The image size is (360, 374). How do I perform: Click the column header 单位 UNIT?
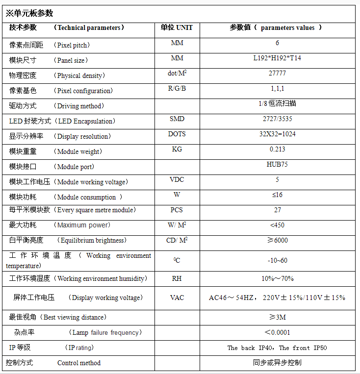[x=177, y=27]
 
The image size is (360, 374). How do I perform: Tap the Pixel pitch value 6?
[x=277, y=43]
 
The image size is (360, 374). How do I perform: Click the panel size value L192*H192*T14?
[x=277, y=58]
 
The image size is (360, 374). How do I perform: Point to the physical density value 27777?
[x=277, y=74]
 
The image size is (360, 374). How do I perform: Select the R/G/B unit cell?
[x=177, y=89]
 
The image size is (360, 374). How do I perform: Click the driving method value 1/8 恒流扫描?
[x=277, y=104]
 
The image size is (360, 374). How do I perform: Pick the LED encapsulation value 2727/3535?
[x=277, y=119]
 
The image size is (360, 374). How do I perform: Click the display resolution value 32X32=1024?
[x=277, y=134]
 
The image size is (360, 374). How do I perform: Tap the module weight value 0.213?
[x=277, y=150]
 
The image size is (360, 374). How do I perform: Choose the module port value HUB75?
[x=277, y=165]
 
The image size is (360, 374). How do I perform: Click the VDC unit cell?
[x=177, y=180]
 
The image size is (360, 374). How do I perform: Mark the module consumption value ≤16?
[x=277, y=195]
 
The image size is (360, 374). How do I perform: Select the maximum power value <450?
[x=277, y=225]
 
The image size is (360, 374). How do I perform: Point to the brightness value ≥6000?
[x=277, y=241]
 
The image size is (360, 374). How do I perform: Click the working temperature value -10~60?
[x=277, y=261]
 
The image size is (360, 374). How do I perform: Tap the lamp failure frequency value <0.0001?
[x=277, y=332]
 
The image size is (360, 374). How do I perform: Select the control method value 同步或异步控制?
[x=277, y=363]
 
